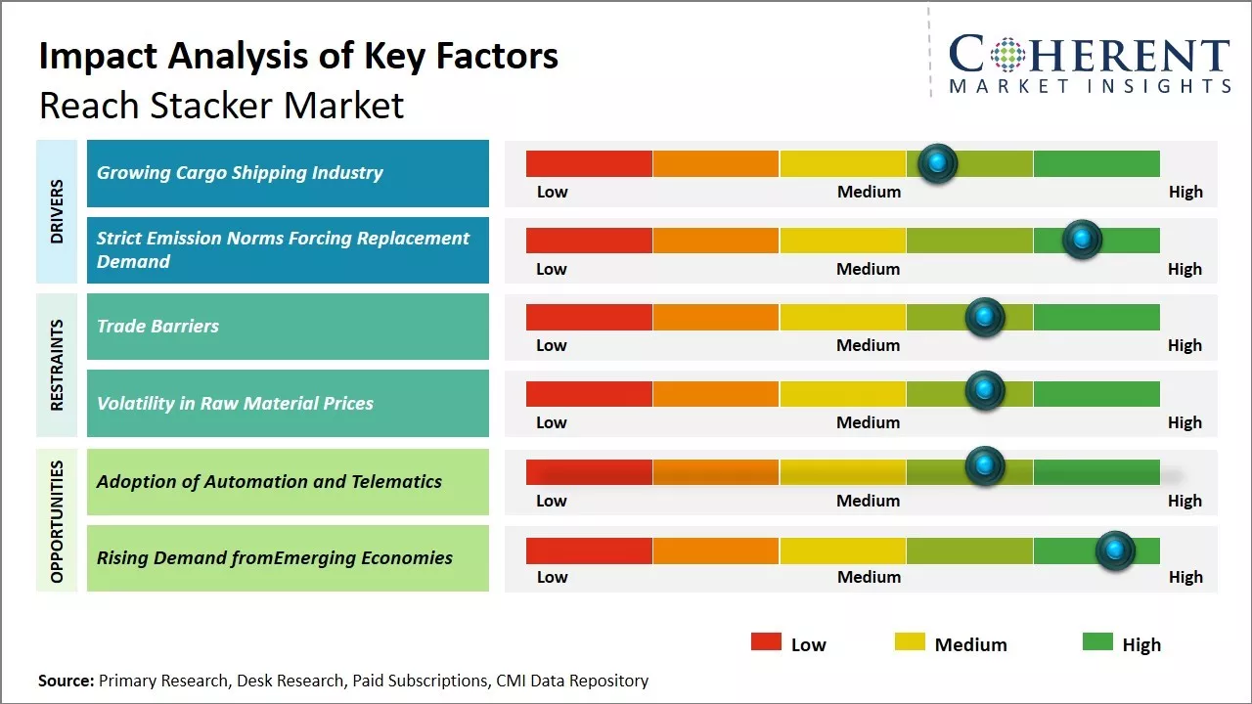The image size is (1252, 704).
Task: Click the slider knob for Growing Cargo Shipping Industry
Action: point(938,163)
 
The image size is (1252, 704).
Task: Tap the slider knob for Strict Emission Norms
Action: point(1082,240)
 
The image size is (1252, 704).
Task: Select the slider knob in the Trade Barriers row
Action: point(985,317)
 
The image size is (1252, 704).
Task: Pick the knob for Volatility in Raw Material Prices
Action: point(985,390)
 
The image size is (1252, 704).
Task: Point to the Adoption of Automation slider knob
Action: point(985,466)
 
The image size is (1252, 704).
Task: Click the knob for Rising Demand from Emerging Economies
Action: point(1114,550)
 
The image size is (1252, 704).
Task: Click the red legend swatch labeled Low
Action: point(766,642)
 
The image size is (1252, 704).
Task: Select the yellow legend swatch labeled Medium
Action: point(910,642)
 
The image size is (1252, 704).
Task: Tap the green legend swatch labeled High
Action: point(1097,642)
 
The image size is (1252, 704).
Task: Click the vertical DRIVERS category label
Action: point(57,210)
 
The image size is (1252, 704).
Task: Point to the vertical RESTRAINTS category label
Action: point(57,365)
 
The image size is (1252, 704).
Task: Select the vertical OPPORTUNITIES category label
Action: point(57,521)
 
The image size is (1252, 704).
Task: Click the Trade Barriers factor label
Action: point(157,326)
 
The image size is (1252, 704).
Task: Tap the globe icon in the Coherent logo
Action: point(1006,54)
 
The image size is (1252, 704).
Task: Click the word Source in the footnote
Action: point(66,681)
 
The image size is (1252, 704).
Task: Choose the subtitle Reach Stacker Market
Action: point(221,105)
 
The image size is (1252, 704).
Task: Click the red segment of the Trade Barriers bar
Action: point(589,317)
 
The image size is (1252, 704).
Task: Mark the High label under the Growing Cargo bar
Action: point(1185,192)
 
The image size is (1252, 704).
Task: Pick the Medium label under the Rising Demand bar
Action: point(869,577)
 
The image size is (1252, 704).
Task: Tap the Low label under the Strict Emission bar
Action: point(552,269)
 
